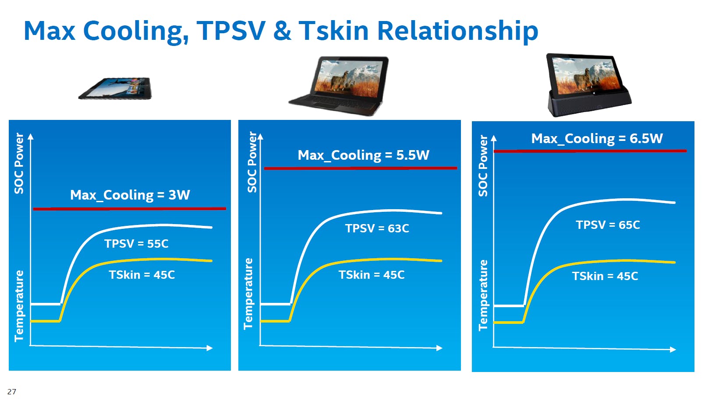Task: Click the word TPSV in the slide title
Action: click(231, 31)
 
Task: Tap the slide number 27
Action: click(11, 392)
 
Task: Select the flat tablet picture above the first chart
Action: click(115, 88)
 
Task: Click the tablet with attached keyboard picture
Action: click(339, 86)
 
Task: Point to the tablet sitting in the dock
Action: click(589, 85)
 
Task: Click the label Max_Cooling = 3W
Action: click(130, 195)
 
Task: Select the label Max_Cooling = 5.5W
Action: click(363, 155)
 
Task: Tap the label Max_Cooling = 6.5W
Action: click(597, 138)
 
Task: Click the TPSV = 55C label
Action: click(136, 244)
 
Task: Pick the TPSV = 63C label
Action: click(377, 228)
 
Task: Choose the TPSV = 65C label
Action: click(608, 225)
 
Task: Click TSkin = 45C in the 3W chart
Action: click(142, 275)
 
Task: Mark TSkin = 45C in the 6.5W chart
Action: click(605, 276)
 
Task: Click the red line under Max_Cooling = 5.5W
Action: click(361, 168)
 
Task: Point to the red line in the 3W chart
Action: click(130, 209)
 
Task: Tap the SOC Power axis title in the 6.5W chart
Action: click(483, 166)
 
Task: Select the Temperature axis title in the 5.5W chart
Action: click(248, 294)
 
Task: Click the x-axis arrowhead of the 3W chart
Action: click(209, 348)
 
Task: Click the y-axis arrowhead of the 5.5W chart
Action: click(260, 137)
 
